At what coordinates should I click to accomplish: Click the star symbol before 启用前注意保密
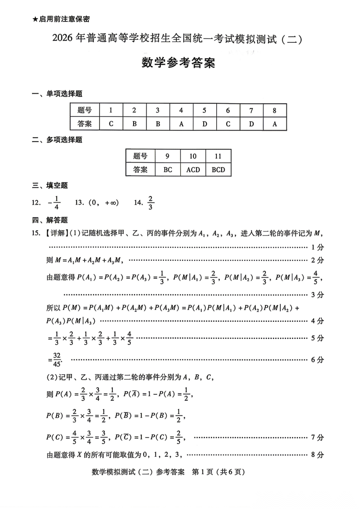click(x=35, y=19)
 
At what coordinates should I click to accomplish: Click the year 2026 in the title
click(x=62, y=39)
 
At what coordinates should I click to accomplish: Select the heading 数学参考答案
click(x=178, y=63)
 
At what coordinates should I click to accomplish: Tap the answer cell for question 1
click(x=111, y=124)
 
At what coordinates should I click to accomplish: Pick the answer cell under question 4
click(x=181, y=124)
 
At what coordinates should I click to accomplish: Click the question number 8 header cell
click(x=275, y=110)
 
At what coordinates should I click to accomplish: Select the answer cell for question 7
click(x=251, y=124)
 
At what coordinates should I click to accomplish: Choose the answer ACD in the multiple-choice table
click(x=193, y=170)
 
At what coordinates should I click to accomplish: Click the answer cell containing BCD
click(x=218, y=170)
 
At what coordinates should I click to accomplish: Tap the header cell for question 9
click(x=167, y=156)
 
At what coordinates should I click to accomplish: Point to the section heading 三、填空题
click(x=50, y=185)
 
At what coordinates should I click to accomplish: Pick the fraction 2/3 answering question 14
click(x=150, y=203)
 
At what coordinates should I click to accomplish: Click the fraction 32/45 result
click(x=56, y=360)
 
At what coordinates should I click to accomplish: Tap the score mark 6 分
click(x=317, y=360)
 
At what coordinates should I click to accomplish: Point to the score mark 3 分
click(x=317, y=295)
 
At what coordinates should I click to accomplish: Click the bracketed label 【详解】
click(x=55, y=233)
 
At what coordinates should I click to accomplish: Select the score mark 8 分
click(x=317, y=455)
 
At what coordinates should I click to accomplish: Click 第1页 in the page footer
click(x=203, y=472)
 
